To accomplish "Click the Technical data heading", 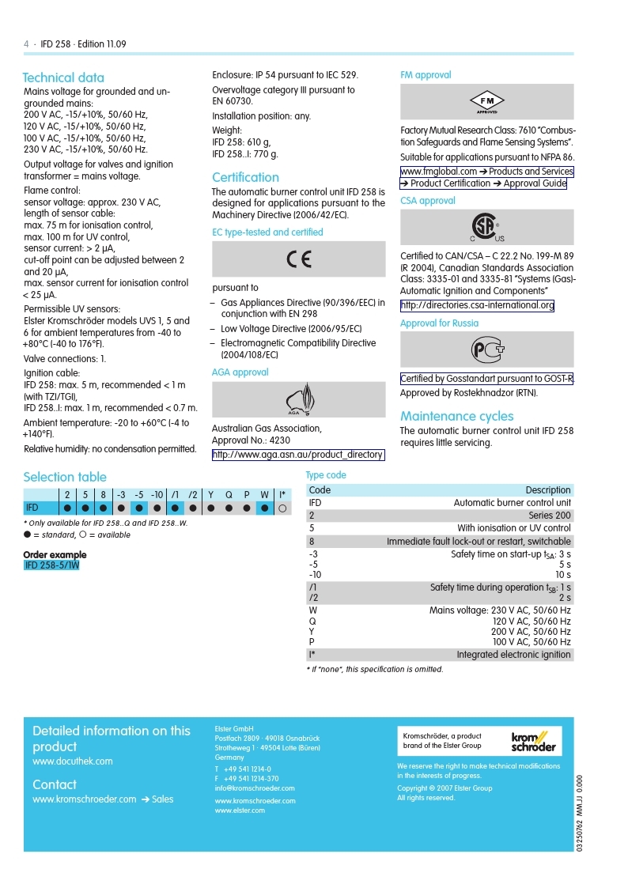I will [x=63, y=77].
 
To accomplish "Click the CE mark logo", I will [x=299, y=259].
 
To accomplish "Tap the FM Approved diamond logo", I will [x=487, y=102].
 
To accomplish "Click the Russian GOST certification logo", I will [x=487, y=350].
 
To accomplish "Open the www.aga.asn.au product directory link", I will [x=298, y=455].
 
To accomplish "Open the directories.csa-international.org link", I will [x=477, y=305].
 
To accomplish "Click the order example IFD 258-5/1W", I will [x=52, y=565].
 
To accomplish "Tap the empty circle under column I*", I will [x=282, y=508].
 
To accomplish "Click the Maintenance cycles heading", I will [x=456, y=416].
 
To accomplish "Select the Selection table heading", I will [x=65, y=477].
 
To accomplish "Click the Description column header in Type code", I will [x=547, y=490].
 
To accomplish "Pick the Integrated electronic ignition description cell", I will [x=513, y=655].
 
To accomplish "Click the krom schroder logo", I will [x=532, y=741].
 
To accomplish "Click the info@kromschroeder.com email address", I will [x=255, y=788].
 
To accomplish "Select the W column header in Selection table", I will [x=264, y=495].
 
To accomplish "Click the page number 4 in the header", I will [x=26, y=44].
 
